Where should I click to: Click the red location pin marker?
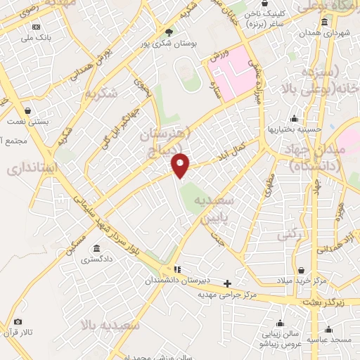pos(181,165)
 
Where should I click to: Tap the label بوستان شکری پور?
pos(169,44)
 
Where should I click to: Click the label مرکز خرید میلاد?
pos(302,282)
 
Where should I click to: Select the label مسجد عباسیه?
pos(332,340)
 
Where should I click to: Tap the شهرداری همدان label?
pos(319,33)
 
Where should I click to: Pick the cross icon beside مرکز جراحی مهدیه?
pos(227,284)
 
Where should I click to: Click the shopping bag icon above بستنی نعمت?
pos(27,111)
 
